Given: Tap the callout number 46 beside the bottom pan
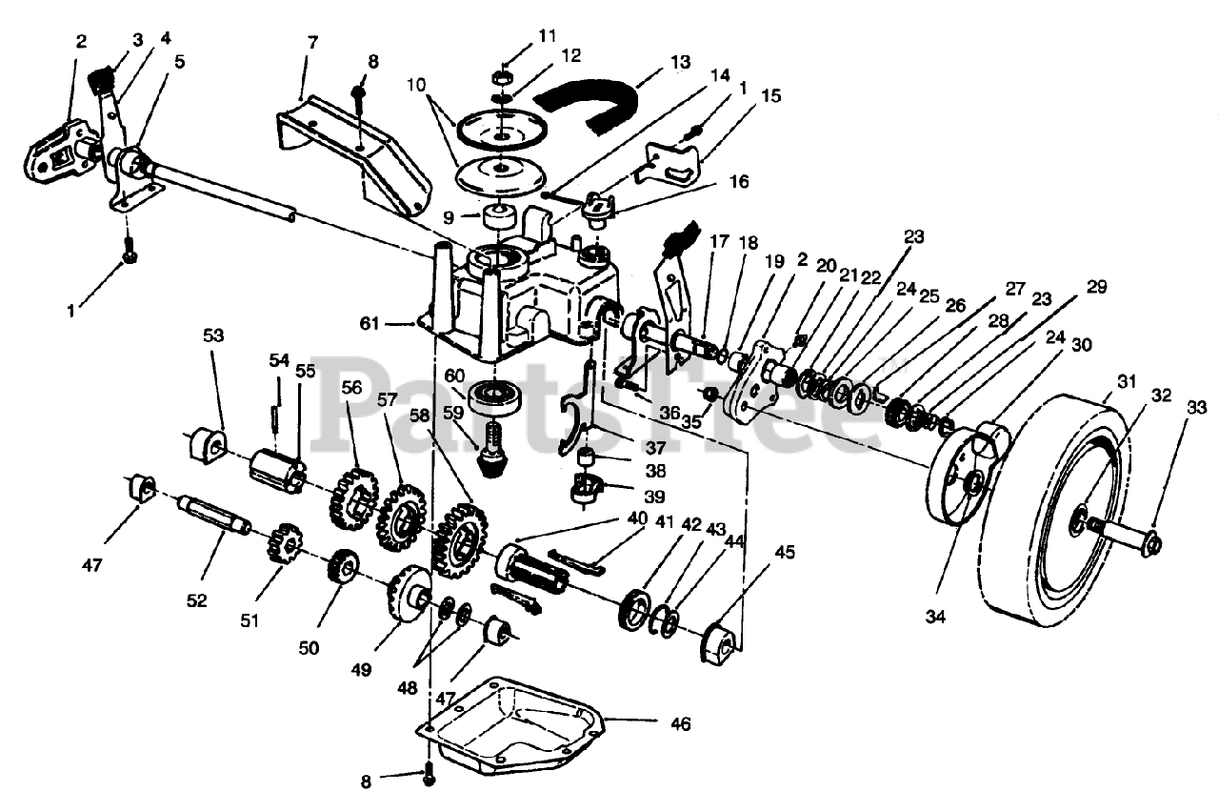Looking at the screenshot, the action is tap(680, 723).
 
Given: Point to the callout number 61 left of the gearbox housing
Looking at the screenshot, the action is tap(369, 323).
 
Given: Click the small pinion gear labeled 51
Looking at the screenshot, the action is tap(284, 543).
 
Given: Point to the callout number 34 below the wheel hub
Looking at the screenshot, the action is tap(935, 617).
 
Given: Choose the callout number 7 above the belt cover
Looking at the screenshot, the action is tap(311, 42).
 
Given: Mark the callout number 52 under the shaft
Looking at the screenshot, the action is tap(196, 600).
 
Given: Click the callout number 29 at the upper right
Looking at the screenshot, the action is tap(1096, 287).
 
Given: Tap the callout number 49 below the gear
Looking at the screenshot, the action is tap(361, 669).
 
